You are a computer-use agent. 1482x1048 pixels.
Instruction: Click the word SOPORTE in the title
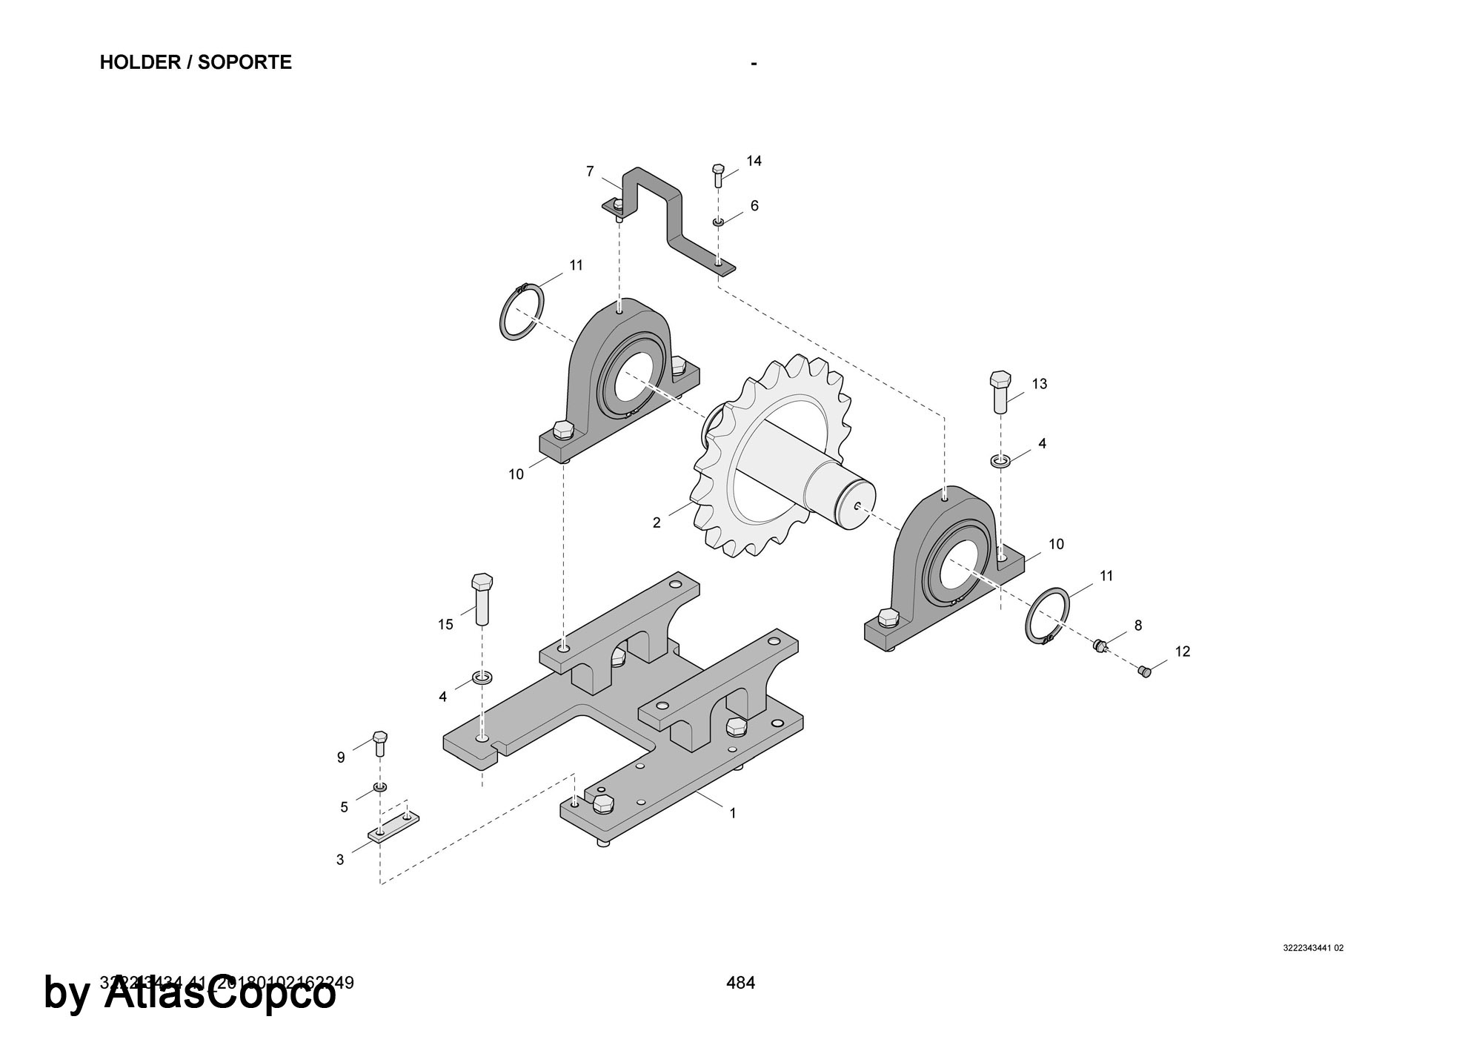pyautogui.click(x=245, y=62)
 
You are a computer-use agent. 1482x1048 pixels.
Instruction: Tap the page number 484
pyautogui.click(x=740, y=983)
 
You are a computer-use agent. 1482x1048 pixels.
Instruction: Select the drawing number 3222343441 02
pyautogui.click(x=1313, y=948)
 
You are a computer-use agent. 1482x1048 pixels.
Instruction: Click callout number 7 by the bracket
pyautogui.click(x=590, y=171)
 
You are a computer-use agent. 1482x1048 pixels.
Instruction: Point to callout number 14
pyautogui.click(x=754, y=161)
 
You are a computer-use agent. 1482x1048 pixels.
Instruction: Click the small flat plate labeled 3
pyautogui.click(x=393, y=826)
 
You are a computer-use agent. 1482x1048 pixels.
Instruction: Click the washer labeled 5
pyautogui.click(x=380, y=786)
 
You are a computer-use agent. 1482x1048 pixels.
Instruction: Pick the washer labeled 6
pyautogui.click(x=718, y=222)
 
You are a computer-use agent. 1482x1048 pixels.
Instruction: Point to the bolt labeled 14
pyautogui.click(x=717, y=176)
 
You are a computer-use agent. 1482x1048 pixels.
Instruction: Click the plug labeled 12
pyautogui.click(x=1145, y=671)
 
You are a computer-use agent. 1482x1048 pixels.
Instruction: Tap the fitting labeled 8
pyautogui.click(x=1100, y=646)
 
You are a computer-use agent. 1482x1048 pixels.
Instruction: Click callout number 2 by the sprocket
pyautogui.click(x=657, y=523)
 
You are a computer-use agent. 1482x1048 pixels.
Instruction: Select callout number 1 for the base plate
pyautogui.click(x=733, y=813)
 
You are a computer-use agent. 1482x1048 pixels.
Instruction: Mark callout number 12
pyautogui.click(x=1183, y=651)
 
